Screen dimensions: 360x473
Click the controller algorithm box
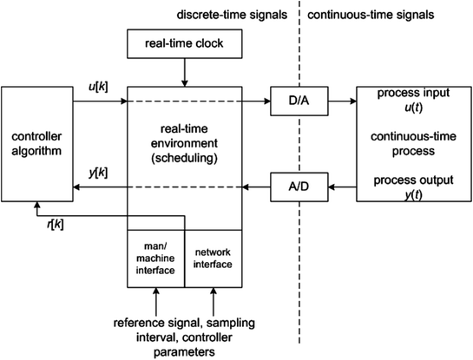pyautogui.click(x=36, y=144)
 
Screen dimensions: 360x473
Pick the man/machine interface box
pyautogui.click(x=156, y=257)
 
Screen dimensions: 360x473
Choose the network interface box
pyautogui.click(x=212, y=257)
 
